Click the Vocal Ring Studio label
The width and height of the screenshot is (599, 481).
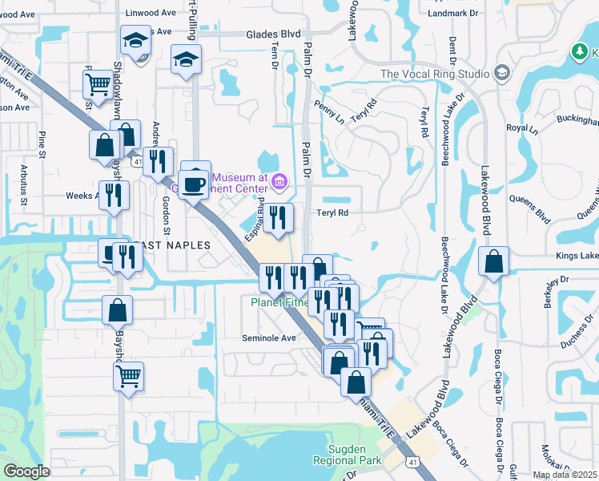tap(435, 74)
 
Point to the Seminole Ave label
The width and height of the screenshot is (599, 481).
tap(270, 338)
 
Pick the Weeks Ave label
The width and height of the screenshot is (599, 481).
tap(81, 195)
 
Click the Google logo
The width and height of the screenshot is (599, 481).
tap(26, 471)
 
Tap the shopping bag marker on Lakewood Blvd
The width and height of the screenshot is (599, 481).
tap(494, 261)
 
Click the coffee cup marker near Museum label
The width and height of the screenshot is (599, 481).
tap(194, 184)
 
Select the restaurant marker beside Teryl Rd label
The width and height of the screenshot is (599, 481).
tap(278, 216)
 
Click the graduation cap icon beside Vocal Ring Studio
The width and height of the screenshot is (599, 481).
tap(502, 74)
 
